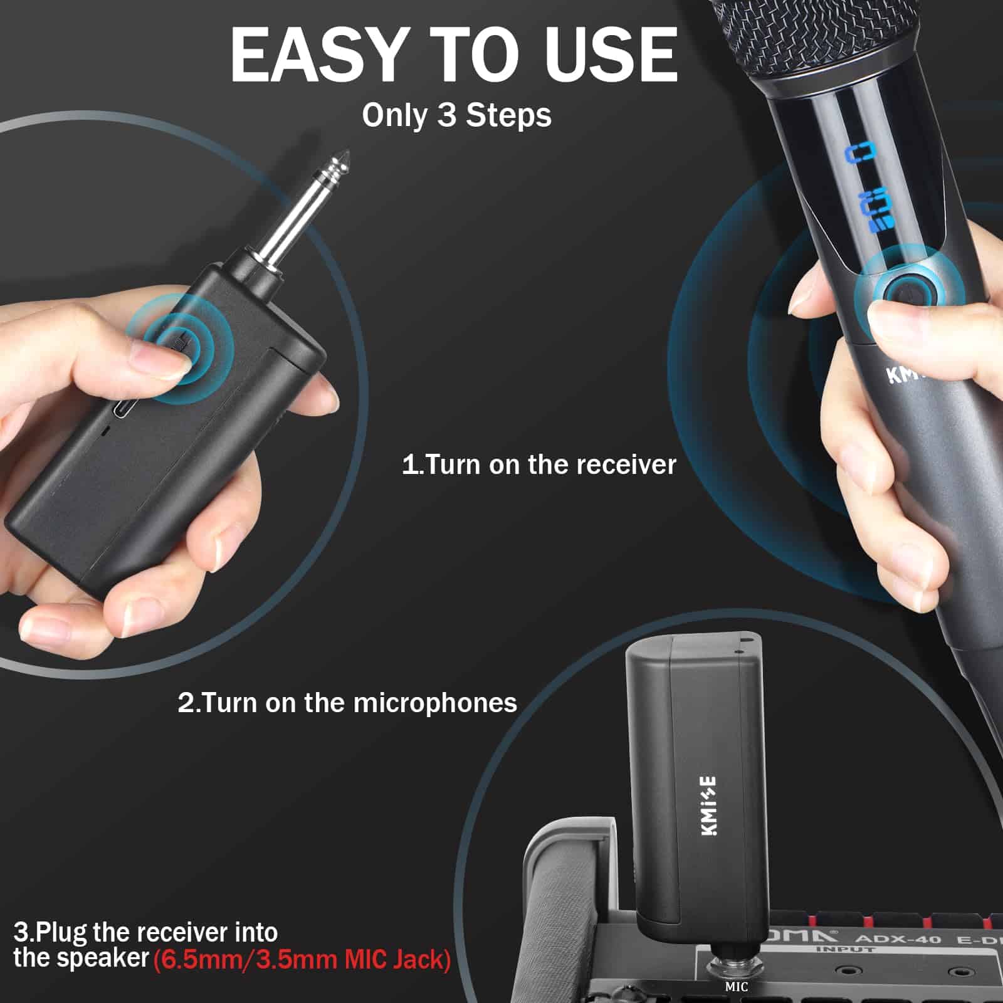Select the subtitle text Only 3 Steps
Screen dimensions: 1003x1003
(456, 115)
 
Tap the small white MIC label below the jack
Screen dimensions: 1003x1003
(736, 987)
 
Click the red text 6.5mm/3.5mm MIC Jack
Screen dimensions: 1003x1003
(302, 960)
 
